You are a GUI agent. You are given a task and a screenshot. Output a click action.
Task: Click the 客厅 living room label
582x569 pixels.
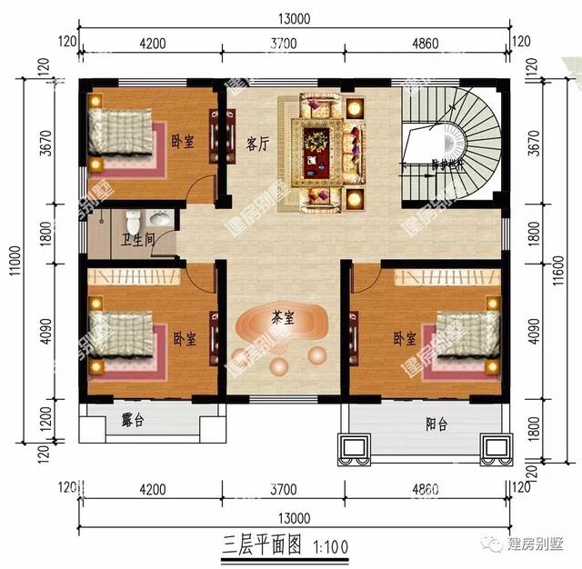pyautogui.click(x=257, y=144)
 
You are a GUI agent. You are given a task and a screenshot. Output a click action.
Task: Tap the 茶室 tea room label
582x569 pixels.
pyautogui.click(x=282, y=318)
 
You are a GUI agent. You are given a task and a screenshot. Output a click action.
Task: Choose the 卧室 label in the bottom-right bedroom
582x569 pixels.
pyautogui.click(x=406, y=338)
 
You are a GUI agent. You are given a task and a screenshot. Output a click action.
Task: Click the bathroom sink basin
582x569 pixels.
pyautogui.click(x=159, y=220)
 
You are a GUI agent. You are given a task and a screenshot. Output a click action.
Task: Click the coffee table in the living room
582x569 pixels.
pyautogui.click(x=317, y=143)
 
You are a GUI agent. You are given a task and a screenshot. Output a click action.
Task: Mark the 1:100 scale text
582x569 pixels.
pyautogui.click(x=333, y=547)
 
